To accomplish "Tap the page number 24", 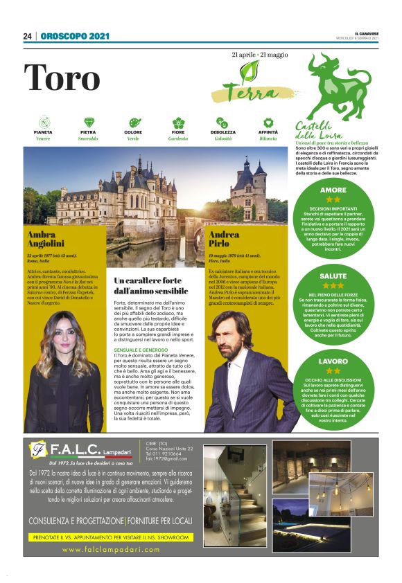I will coord(28,37).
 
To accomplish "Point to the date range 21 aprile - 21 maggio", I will coord(260,54).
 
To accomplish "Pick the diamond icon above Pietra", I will coord(88,123).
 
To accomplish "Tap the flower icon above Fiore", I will coord(178,123).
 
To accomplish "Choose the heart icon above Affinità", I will coord(268,123).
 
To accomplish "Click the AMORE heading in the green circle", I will coord(333,190).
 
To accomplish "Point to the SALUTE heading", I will coord(333,276).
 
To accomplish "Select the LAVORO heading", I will coord(333,361).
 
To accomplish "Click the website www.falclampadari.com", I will coord(111,549).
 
